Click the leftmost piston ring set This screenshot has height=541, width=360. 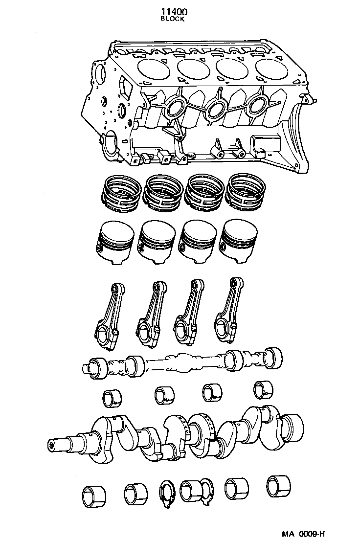pos(120,193)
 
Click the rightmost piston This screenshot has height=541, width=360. pos(240,239)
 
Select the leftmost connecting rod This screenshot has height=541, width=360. pos(108,318)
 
